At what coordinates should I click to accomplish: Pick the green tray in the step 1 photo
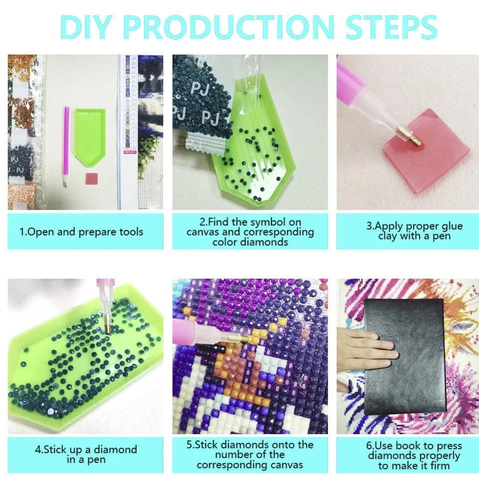click(x=90, y=137)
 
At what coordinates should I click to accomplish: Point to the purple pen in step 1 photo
click(x=66, y=147)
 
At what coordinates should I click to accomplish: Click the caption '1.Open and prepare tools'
click(x=81, y=232)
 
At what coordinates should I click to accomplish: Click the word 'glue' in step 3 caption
click(x=450, y=227)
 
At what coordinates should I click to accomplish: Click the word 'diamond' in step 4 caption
click(x=115, y=450)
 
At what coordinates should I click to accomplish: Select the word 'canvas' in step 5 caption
click(x=283, y=465)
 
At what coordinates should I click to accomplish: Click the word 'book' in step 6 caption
click(x=421, y=446)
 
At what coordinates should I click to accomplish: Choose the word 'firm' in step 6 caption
click(x=440, y=466)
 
